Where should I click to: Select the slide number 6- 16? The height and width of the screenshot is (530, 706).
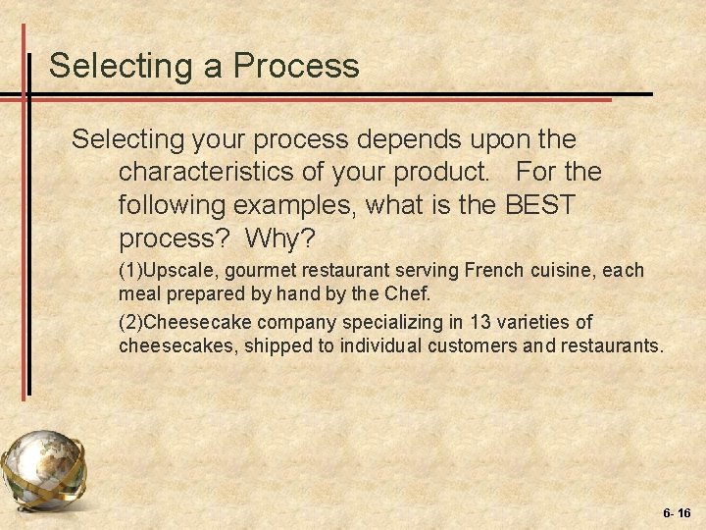pos(677,512)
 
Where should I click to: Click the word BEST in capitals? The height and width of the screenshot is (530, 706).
pos(540,208)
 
